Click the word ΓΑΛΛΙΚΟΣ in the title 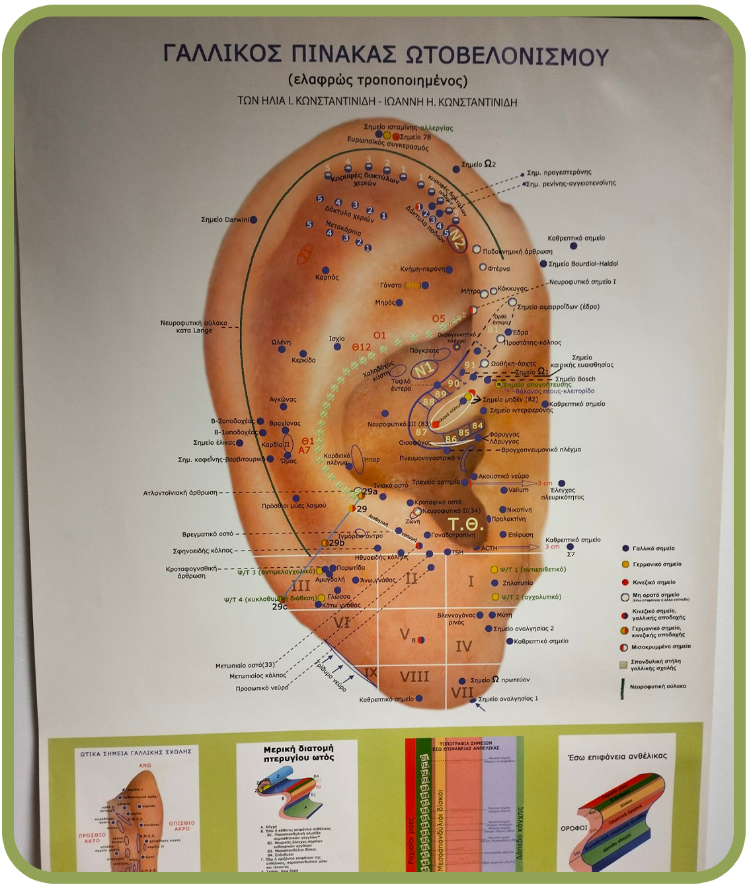[221, 55]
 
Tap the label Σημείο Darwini [225, 219]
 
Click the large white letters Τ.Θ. [466, 526]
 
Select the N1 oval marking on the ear [424, 368]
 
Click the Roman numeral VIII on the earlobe [414, 676]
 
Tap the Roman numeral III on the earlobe [301, 586]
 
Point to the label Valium [518, 490]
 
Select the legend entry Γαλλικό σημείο [653, 548]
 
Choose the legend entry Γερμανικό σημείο [656, 564]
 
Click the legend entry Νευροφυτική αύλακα [657, 686]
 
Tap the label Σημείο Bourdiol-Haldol [582, 264]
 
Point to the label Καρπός [327, 278]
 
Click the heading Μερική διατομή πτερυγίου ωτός [298, 753]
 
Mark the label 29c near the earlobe [280, 606]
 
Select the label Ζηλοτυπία [517, 583]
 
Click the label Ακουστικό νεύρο [503, 476]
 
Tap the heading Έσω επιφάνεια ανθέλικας [617, 755]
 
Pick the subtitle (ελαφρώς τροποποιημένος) [377, 81]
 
